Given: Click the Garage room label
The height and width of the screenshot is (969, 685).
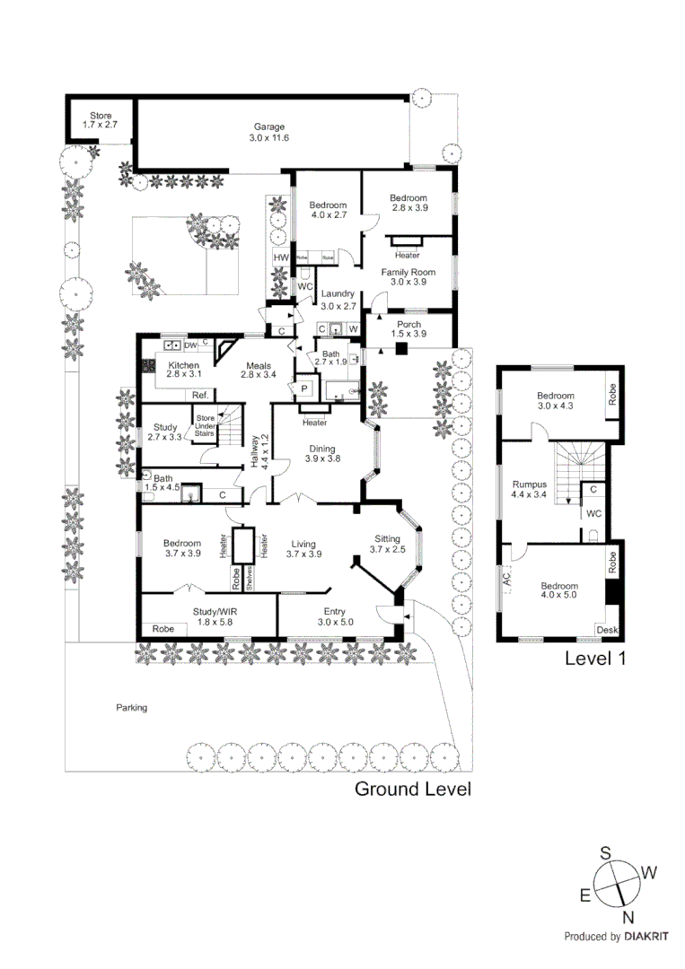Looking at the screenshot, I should click(266, 133).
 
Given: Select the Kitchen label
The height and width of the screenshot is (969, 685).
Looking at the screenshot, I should click(183, 367).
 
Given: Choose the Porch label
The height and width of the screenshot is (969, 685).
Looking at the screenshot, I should click(408, 327).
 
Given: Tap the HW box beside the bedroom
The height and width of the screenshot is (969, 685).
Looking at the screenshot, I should click(281, 258).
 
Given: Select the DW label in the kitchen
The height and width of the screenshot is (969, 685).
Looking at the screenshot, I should click(190, 344).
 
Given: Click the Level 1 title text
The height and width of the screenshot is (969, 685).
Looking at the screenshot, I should click(594, 659).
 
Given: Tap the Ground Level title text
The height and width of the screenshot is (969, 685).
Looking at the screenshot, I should click(412, 790).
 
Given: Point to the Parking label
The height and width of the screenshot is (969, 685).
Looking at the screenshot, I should click(131, 708).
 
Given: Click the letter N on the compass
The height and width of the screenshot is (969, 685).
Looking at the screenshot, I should click(628, 916).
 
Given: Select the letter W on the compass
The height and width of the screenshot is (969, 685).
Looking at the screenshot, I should click(650, 871).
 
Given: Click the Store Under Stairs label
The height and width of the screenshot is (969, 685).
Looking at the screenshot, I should click(206, 423).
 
